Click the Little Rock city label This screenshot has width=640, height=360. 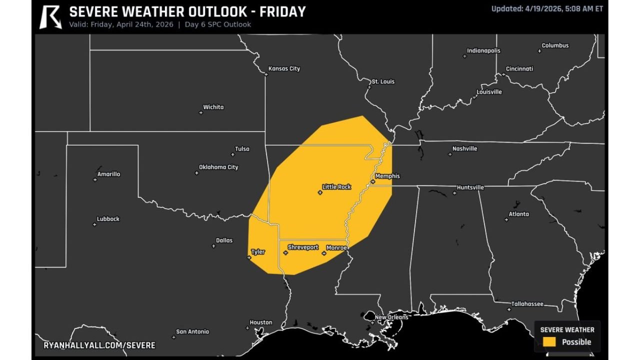pyautogui.click(x=336, y=187)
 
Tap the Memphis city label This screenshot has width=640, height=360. pyautogui.click(x=387, y=176)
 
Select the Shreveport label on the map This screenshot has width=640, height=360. pyautogui.click(x=303, y=247)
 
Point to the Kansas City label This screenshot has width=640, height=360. pyautogui.click(x=284, y=69)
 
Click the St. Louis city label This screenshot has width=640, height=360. pyautogui.click(x=383, y=81)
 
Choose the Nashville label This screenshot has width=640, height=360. pyautogui.click(x=464, y=149)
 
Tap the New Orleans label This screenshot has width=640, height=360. pyautogui.click(x=391, y=317)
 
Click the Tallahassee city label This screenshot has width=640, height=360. pyautogui.click(x=527, y=304)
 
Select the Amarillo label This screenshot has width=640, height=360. pyautogui.click(x=108, y=174)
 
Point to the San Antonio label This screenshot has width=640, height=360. pyautogui.click(x=192, y=332)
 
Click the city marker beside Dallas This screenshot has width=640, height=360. pyautogui.click(x=213, y=246)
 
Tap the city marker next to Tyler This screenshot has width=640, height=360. pyautogui.click(x=249, y=258)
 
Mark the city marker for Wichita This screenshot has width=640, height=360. pyautogui.click(x=201, y=112)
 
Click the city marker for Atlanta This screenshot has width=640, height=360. pyautogui.click(x=505, y=219)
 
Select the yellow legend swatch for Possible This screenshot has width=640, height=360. pyautogui.click(x=549, y=342)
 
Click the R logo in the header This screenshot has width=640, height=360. pyautogui.click(x=50, y=17)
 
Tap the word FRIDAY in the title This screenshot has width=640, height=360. pyautogui.click(x=282, y=11)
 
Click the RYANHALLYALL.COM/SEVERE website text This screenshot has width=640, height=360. pyautogui.click(x=99, y=345)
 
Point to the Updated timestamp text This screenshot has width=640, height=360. pyautogui.click(x=547, y=8)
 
